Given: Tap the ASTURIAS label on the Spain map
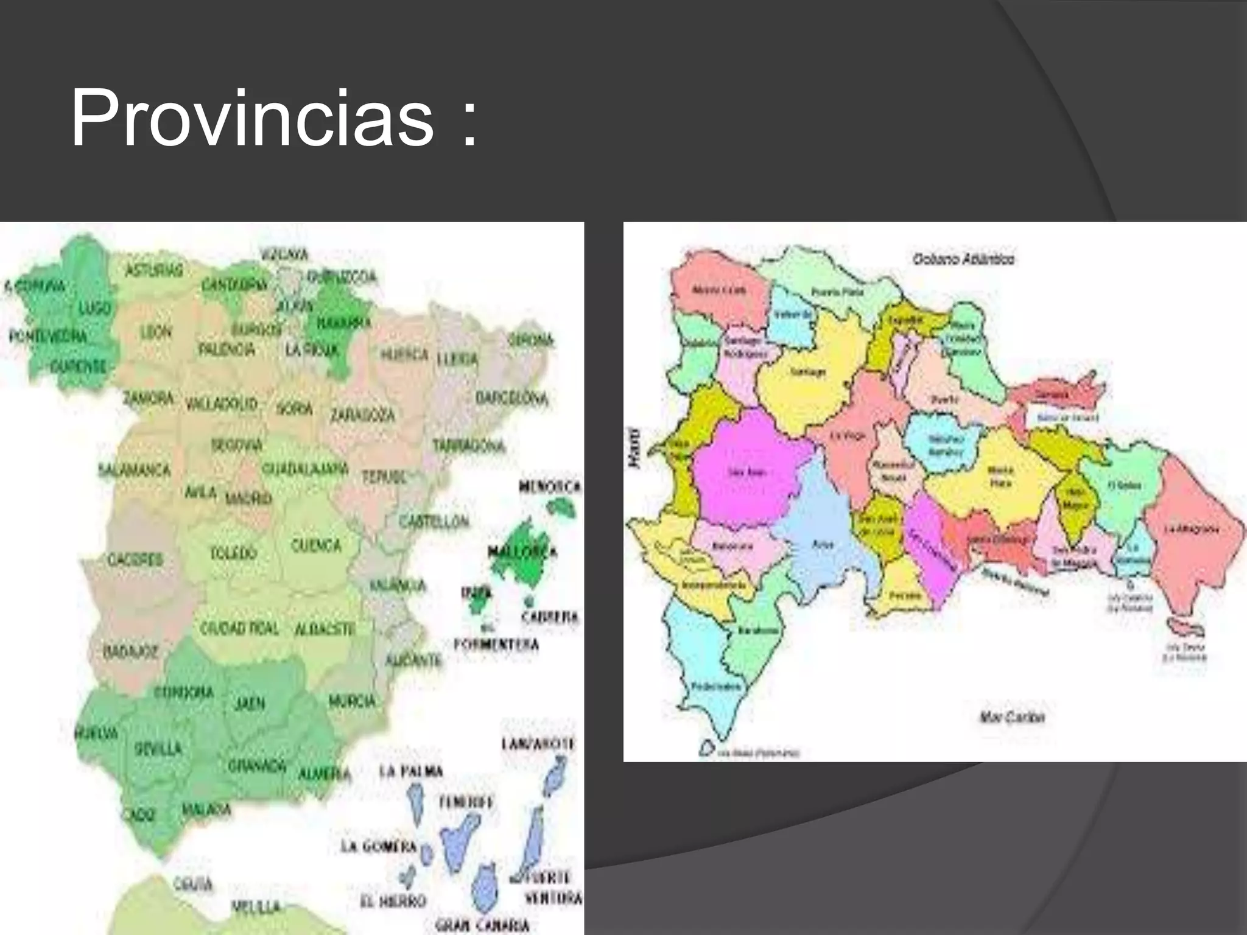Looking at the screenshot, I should pos(154,271).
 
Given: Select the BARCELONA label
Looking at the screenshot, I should pos(511,399).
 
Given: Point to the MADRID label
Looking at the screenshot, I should pos(248,499).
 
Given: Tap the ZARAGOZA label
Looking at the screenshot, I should pos(362,415).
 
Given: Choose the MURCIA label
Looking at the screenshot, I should pos(352,702).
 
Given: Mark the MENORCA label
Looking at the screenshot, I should pos(550,487).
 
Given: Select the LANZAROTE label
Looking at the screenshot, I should pos(538,744).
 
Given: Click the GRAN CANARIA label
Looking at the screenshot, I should pos(482,925).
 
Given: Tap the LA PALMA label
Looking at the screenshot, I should pos(411,772).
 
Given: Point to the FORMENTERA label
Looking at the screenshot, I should pos(496,644).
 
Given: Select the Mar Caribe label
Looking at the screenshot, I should pos(1012,717).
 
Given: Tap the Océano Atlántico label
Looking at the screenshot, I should pos(963,259).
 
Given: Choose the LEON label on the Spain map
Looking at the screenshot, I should pos(156,332).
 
